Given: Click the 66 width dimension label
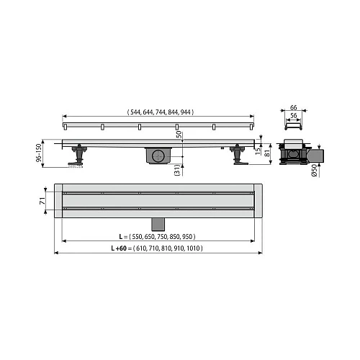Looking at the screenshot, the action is [293, 107].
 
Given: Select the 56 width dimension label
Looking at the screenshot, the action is [293, 116].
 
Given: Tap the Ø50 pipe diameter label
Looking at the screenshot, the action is [314, 171].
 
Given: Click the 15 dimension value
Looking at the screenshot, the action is [258, 151].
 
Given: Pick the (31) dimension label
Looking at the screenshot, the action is [177, 170].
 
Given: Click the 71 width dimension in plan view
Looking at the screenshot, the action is [42, 201].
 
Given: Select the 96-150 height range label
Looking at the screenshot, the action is [39, 153].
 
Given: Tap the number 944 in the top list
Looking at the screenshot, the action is [186, 112].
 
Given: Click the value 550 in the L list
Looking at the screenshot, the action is [137, 237].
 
